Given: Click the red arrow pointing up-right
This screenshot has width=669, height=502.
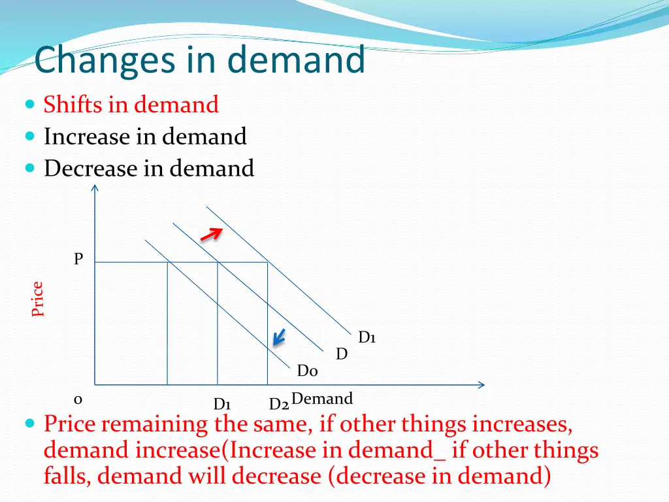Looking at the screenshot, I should [210, 234].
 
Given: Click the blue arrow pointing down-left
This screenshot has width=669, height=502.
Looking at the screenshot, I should [279, 337].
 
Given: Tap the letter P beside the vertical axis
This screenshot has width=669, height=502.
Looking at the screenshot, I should [78, 259].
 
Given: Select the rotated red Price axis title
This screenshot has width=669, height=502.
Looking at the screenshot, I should [38, 299].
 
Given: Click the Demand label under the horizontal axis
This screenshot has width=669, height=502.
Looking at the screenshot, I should [322, 399].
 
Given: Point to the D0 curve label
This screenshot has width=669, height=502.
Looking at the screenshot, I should [307, 371].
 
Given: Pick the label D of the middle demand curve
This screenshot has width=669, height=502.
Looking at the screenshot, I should [341, 354].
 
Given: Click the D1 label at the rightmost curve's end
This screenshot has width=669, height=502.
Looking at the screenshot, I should [367, 337].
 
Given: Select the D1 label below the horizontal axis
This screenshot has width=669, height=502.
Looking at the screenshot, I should [222, 404].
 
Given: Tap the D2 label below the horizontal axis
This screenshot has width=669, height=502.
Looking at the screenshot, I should [279, 405].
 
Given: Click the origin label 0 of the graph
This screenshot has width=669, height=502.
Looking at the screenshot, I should [78, 399].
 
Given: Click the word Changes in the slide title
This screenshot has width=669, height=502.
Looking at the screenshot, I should [105, 61].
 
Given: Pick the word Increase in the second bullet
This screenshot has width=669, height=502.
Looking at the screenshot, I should [87, 137].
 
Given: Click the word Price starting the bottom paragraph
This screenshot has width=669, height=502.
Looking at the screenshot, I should [70, 425].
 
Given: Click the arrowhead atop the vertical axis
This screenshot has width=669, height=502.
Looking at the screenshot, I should [95, 189].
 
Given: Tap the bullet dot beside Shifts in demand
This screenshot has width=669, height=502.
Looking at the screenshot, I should [30, 105].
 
